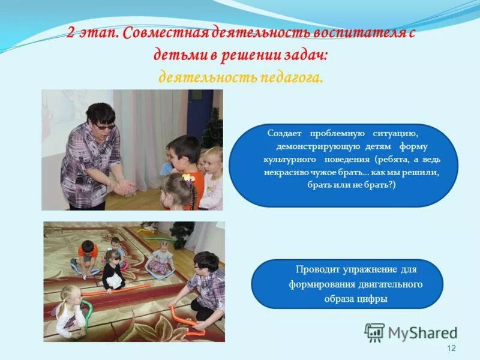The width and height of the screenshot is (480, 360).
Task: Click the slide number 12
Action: tap(451, 349)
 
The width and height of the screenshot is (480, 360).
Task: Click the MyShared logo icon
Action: tap(374, 332)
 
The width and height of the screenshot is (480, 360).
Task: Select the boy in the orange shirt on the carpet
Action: tap(88, 255)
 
